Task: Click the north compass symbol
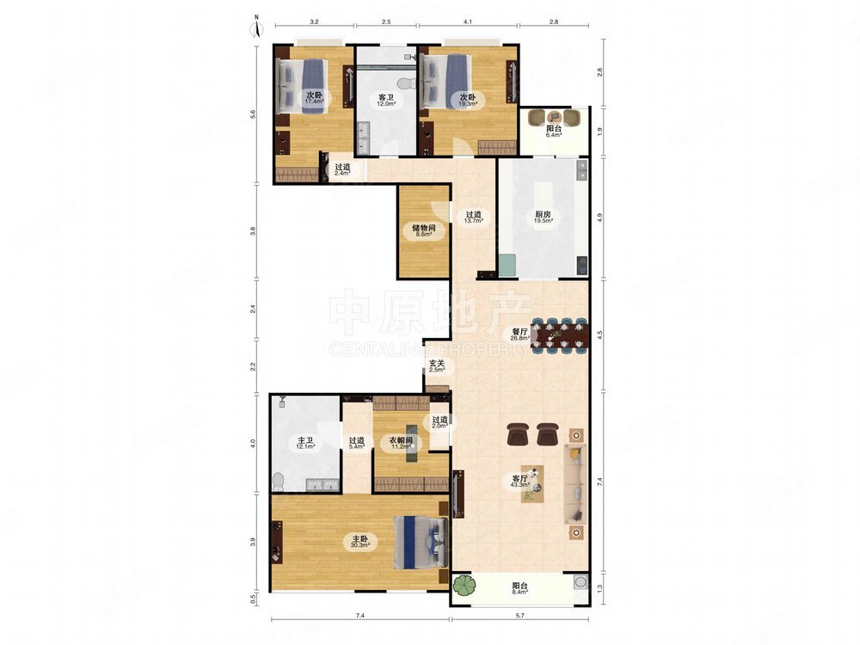pyautogui.click(x=256, y=28)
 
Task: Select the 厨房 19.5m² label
pyautogui.click(x=543, y=218)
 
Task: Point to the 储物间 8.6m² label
pyautogui.click(x=424, y=230)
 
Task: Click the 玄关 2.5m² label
pyautogui.click(x=437, y=365)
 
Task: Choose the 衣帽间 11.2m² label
pyautogui.click(x=401, y=443)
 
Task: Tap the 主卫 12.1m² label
pyautogui.click(x=305, y=443)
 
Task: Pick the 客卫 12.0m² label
pyautogui.click(x=386, y=100)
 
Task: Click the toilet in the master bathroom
pyautogui.click(x=278, y=482)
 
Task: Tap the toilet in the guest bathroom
pyautogui.click(x=403, y=83)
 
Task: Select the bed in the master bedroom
pyautogui.click(x=421, y=543)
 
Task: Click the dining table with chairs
pyautogui.click(x=560, y=334)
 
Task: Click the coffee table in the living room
pyautogui.click(x=532, y=484)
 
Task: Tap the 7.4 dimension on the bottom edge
pyautogui.click(x=359, y=616)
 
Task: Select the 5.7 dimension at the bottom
pyautogui.click(x=520, y=616)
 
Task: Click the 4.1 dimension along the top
pyautogui.click(x=467, y=22)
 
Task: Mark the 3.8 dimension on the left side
pyautogui.click(x=253, y=230)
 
